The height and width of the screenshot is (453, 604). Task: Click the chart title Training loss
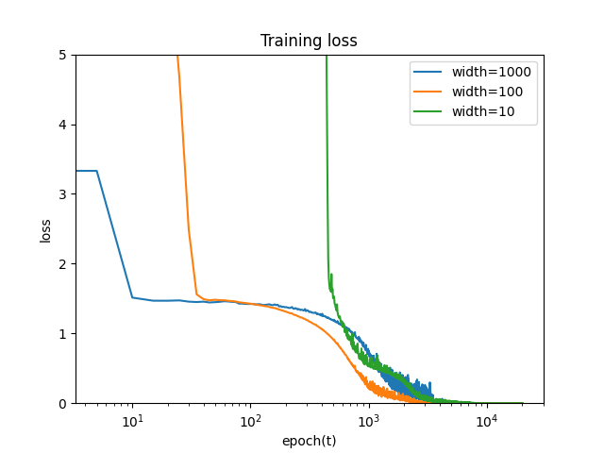pos(309,41)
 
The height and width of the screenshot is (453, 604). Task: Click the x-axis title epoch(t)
pos(309,441)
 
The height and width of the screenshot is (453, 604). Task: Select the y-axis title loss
pos(45,229)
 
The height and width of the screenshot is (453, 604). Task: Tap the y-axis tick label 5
pos(62,55)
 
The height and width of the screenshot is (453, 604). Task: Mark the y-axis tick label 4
pos(62,125)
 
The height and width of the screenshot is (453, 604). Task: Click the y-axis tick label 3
pos(62,194)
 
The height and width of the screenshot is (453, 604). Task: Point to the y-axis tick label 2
pos(62,264)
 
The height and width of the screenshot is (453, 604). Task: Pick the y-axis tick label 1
pos(62,334)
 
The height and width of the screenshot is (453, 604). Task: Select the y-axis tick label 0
pos(62,404)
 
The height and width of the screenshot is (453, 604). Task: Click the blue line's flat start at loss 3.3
pos(86,171)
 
